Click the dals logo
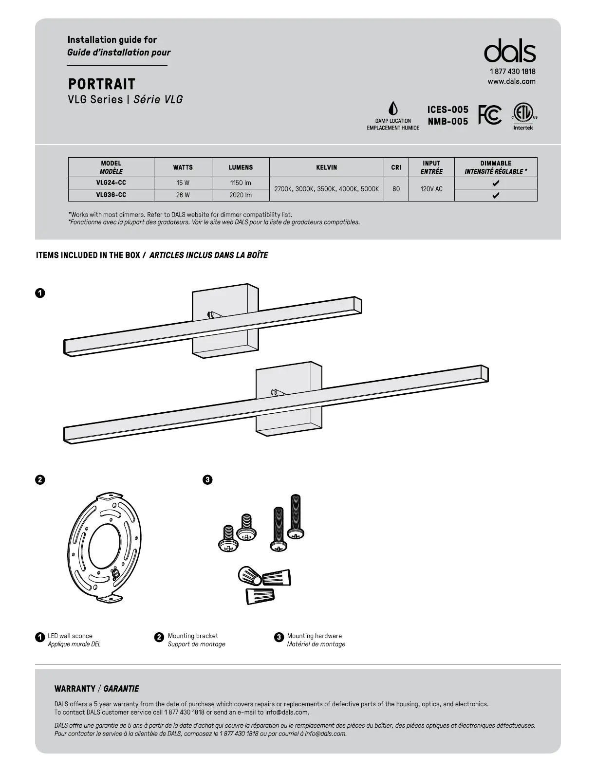(510, 51)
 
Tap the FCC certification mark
(489, 115)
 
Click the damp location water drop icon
(393, 109)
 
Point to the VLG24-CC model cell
(111, 183)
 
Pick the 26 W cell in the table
(183, 195)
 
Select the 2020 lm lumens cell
(241, 195)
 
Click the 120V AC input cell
(431, 189)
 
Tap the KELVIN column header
(326, 167)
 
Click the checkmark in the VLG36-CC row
(496, 196)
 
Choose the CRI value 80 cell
(396, 189)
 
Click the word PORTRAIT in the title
(102, 84)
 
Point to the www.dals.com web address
(511, 81)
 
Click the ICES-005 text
(447, 110)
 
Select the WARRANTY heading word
(75, 689)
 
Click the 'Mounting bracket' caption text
(193, 636)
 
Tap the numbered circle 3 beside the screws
(207, 480)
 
